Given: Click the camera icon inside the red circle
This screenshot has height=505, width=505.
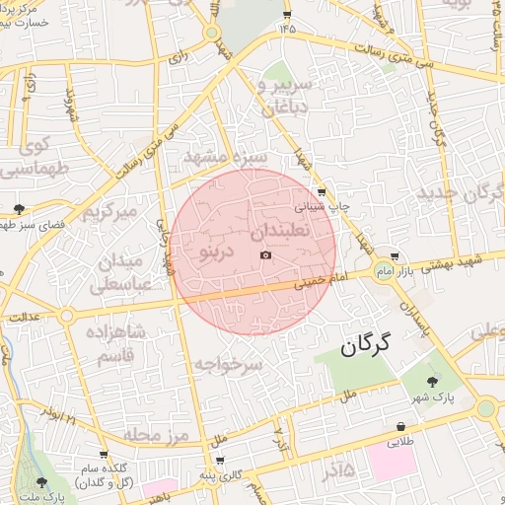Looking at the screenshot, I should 264,255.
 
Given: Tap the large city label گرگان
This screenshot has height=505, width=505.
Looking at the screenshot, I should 366,344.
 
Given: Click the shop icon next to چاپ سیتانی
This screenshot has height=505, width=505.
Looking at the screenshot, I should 322,192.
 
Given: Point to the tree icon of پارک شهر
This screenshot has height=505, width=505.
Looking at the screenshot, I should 432,381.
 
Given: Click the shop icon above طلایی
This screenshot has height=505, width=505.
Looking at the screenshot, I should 400,427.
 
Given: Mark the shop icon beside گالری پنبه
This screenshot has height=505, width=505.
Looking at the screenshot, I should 219,461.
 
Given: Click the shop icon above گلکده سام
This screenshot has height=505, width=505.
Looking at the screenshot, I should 104,455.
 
